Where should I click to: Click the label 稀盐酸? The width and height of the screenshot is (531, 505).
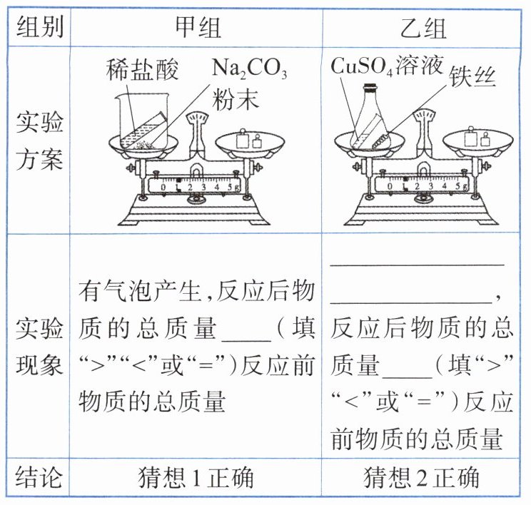click(141, 71)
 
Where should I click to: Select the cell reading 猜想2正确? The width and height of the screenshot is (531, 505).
click(421, 476)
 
